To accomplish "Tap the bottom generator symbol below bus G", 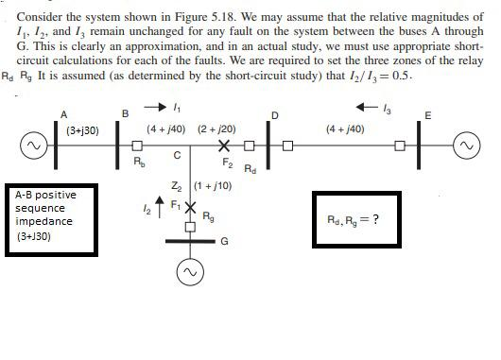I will coord(188,272).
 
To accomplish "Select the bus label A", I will coord(64,115).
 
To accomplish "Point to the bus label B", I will coord(125,114).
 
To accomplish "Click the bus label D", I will coord(274,115).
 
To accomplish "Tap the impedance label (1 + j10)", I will coord(213,185).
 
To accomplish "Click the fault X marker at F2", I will coord(224,146).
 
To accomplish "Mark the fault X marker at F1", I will coord(189,206).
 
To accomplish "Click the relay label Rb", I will coord(139,162).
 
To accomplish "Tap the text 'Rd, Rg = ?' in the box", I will coord(352,219).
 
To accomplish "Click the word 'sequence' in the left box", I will coord(40,209).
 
